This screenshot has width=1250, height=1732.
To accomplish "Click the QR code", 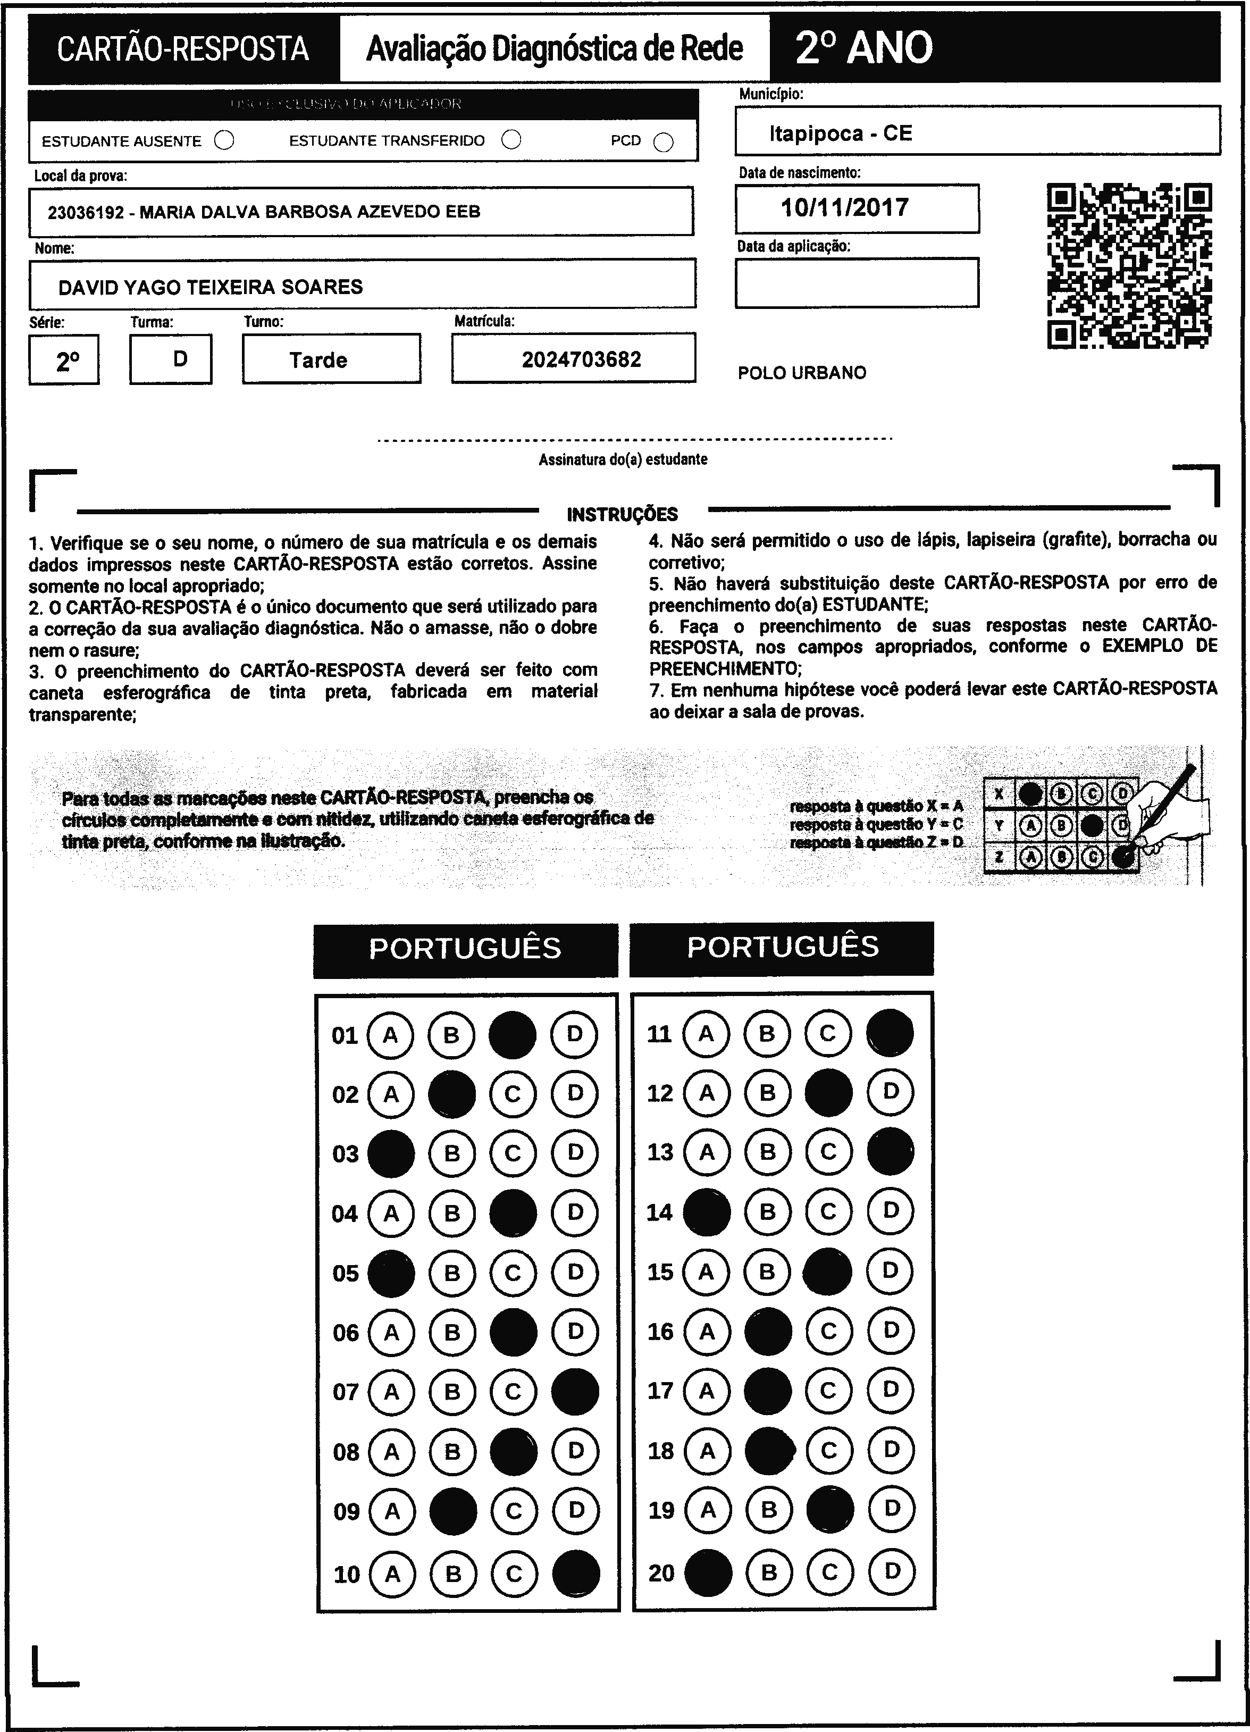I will [1129, 266].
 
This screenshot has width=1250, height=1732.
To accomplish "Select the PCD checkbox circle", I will [664, 143].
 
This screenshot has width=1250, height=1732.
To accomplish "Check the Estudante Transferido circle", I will [511, 140].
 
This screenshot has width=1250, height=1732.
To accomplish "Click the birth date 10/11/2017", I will [844, 208].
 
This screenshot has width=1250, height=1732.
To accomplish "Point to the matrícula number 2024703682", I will [581, 359].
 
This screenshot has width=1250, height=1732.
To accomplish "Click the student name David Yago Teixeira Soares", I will [211, 287].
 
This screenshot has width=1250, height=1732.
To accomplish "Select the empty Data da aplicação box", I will [857, 282].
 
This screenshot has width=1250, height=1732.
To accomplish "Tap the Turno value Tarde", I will [318, 361].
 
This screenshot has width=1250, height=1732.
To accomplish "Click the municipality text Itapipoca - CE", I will [841, 133].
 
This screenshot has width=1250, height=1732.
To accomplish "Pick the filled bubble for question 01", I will [513, 1035].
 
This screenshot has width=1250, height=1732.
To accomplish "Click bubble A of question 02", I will [391, 1094].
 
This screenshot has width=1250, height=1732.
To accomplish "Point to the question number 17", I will [660, 1391].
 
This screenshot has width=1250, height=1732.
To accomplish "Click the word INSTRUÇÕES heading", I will [622, 514].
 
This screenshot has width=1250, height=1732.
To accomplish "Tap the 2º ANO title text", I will [863, 48].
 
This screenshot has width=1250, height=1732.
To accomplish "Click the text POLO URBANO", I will [802, 373].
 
